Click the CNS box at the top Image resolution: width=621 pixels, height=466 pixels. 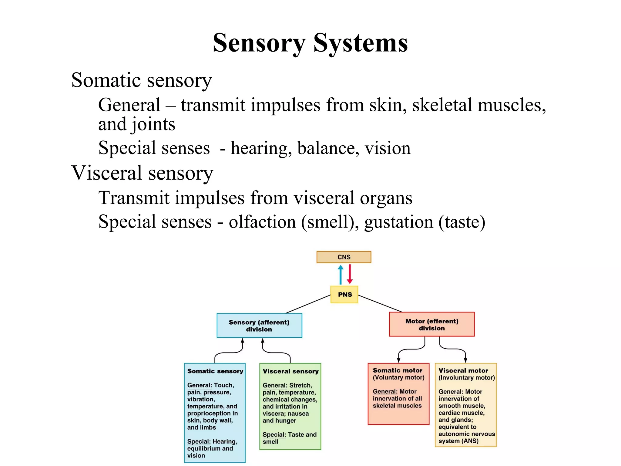pyautogui.click(x=344, y=257)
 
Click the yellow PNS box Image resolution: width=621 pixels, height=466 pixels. pyautogui.click(x=344, y=294)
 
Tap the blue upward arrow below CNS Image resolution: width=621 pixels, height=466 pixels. pyautogui.click(x=341, y=275)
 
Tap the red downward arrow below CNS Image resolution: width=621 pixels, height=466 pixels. pyautogui.click(x=350, y=274)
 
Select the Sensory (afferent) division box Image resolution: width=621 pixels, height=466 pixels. pyautogui.click(x=259, y=326)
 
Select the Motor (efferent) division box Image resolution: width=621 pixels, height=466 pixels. pyautogui.click(x=431, y=324)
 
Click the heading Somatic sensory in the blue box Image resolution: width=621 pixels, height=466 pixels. pyautogui.click(x=215, y=371)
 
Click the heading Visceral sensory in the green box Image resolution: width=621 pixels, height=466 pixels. pyautogui.click(x=290, y=371)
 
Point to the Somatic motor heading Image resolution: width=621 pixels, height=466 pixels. pyautogui.click(x=398, y=370)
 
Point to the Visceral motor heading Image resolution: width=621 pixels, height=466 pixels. pyautogui.click(x=463, y=371)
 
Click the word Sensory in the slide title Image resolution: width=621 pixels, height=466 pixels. pyautogui.click(x=259, y=43)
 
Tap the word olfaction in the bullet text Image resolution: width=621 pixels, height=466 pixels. pyautogui.click(x=262, y=222)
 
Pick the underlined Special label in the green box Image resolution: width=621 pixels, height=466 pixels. pyautogui.click(x=274, y=435)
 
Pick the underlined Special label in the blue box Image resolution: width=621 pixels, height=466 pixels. pyautogui.click(x=199, y=442)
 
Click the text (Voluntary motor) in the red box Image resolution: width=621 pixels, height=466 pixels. pyautogui.click(x=398, y=378)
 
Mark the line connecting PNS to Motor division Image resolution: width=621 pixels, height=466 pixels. pyautogui.click(x=380, y=303)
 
